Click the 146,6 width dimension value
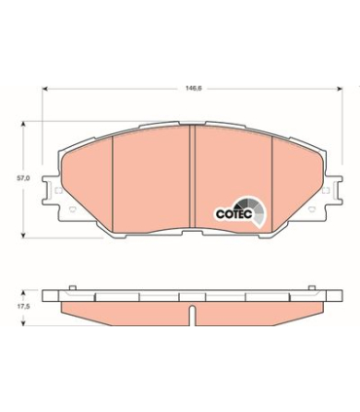194,89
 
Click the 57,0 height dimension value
23,178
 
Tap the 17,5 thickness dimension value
23,306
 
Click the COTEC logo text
234,214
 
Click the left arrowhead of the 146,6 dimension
46,89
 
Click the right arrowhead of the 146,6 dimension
340,89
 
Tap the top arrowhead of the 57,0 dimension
23,125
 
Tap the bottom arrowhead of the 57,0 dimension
23,235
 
